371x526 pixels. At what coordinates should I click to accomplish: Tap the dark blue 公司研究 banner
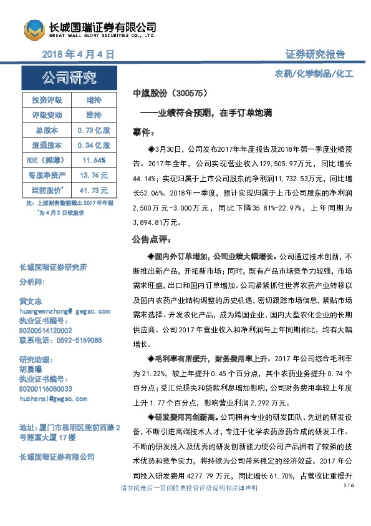pos(69,78)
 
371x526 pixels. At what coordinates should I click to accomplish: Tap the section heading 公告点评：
pos(151,239)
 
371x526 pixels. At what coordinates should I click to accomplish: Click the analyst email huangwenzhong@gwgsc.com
pos(65,310)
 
